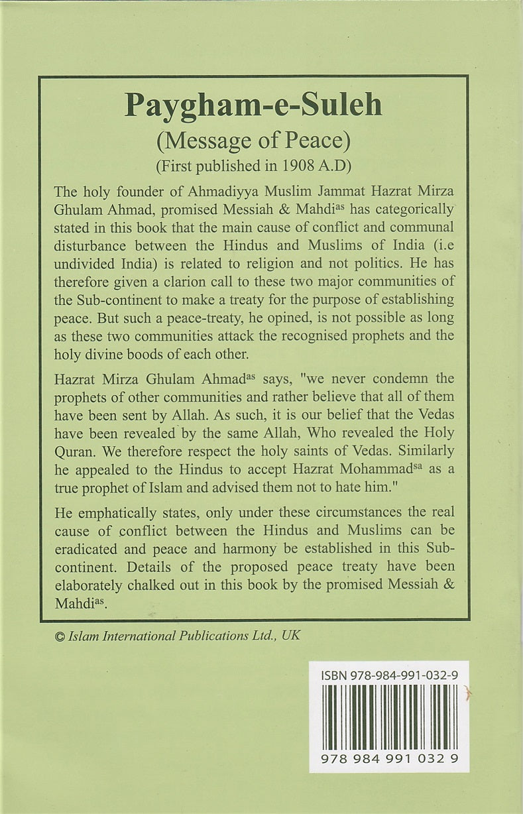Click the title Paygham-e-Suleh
(x=254, y=105)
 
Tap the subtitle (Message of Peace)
(x=254, y=141)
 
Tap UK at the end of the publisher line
(x=290, y=634)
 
